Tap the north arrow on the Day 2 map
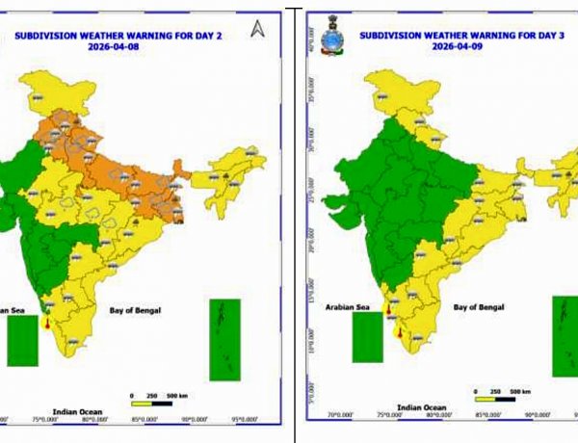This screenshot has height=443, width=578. [x=257, y=29]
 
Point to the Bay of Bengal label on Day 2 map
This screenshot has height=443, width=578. [x=134, y=310]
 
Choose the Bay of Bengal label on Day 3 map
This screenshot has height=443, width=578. [x=479, y=306]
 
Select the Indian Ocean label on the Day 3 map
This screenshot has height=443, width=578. [x=421, y=406]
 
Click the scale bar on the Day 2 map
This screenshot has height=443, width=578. [x=151, y=403]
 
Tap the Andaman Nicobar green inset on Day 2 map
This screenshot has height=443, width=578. [x=224, y=338]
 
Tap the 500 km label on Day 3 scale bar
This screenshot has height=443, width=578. [x=520, y=391]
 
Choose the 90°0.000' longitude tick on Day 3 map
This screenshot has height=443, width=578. [x=535, y=416]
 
